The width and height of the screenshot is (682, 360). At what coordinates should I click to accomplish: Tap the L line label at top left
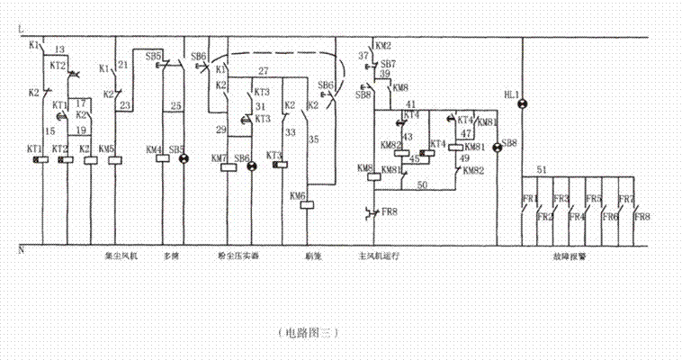pyautogui.click(x=20, y=31)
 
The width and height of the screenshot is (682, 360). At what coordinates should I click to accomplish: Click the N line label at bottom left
pyautogui.click(x=20, y=248)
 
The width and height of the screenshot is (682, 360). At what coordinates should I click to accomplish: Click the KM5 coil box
pyautogui.click(x=114, y=160)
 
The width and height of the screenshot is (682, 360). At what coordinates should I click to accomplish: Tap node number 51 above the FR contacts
pyautogui.click(x=541, y=169)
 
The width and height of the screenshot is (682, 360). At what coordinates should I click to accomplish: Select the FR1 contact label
pyautogui.click(x=530, y=198)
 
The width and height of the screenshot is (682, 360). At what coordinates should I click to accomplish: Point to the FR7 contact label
pyautogui.click(x=627, y=198)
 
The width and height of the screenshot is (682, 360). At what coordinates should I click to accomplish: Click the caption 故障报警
pyautogui.click(x=568, y=256)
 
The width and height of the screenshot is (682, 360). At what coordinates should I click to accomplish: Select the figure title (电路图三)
pyautogui.click(x=309, y=332)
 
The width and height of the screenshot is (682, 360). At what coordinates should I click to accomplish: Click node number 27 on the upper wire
pyautogui.click(x=264, y=70)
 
